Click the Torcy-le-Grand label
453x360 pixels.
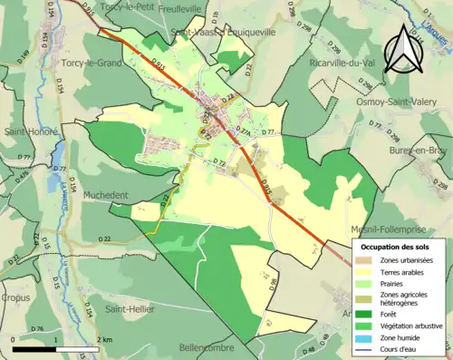(92, 63)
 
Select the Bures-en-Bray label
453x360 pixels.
(420, 150)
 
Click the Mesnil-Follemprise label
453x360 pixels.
(400, 229)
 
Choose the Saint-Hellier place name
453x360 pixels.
(131, 309)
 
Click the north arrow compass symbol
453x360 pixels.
(403, 47)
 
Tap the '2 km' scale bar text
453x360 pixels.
(103, 339)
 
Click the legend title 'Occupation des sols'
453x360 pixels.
(397, 246)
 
